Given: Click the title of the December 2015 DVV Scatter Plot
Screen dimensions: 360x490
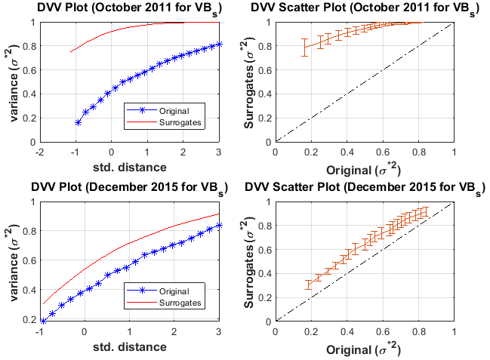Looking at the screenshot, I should [367, 187].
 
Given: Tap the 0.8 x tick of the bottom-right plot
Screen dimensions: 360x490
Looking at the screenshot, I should [418, 331].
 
